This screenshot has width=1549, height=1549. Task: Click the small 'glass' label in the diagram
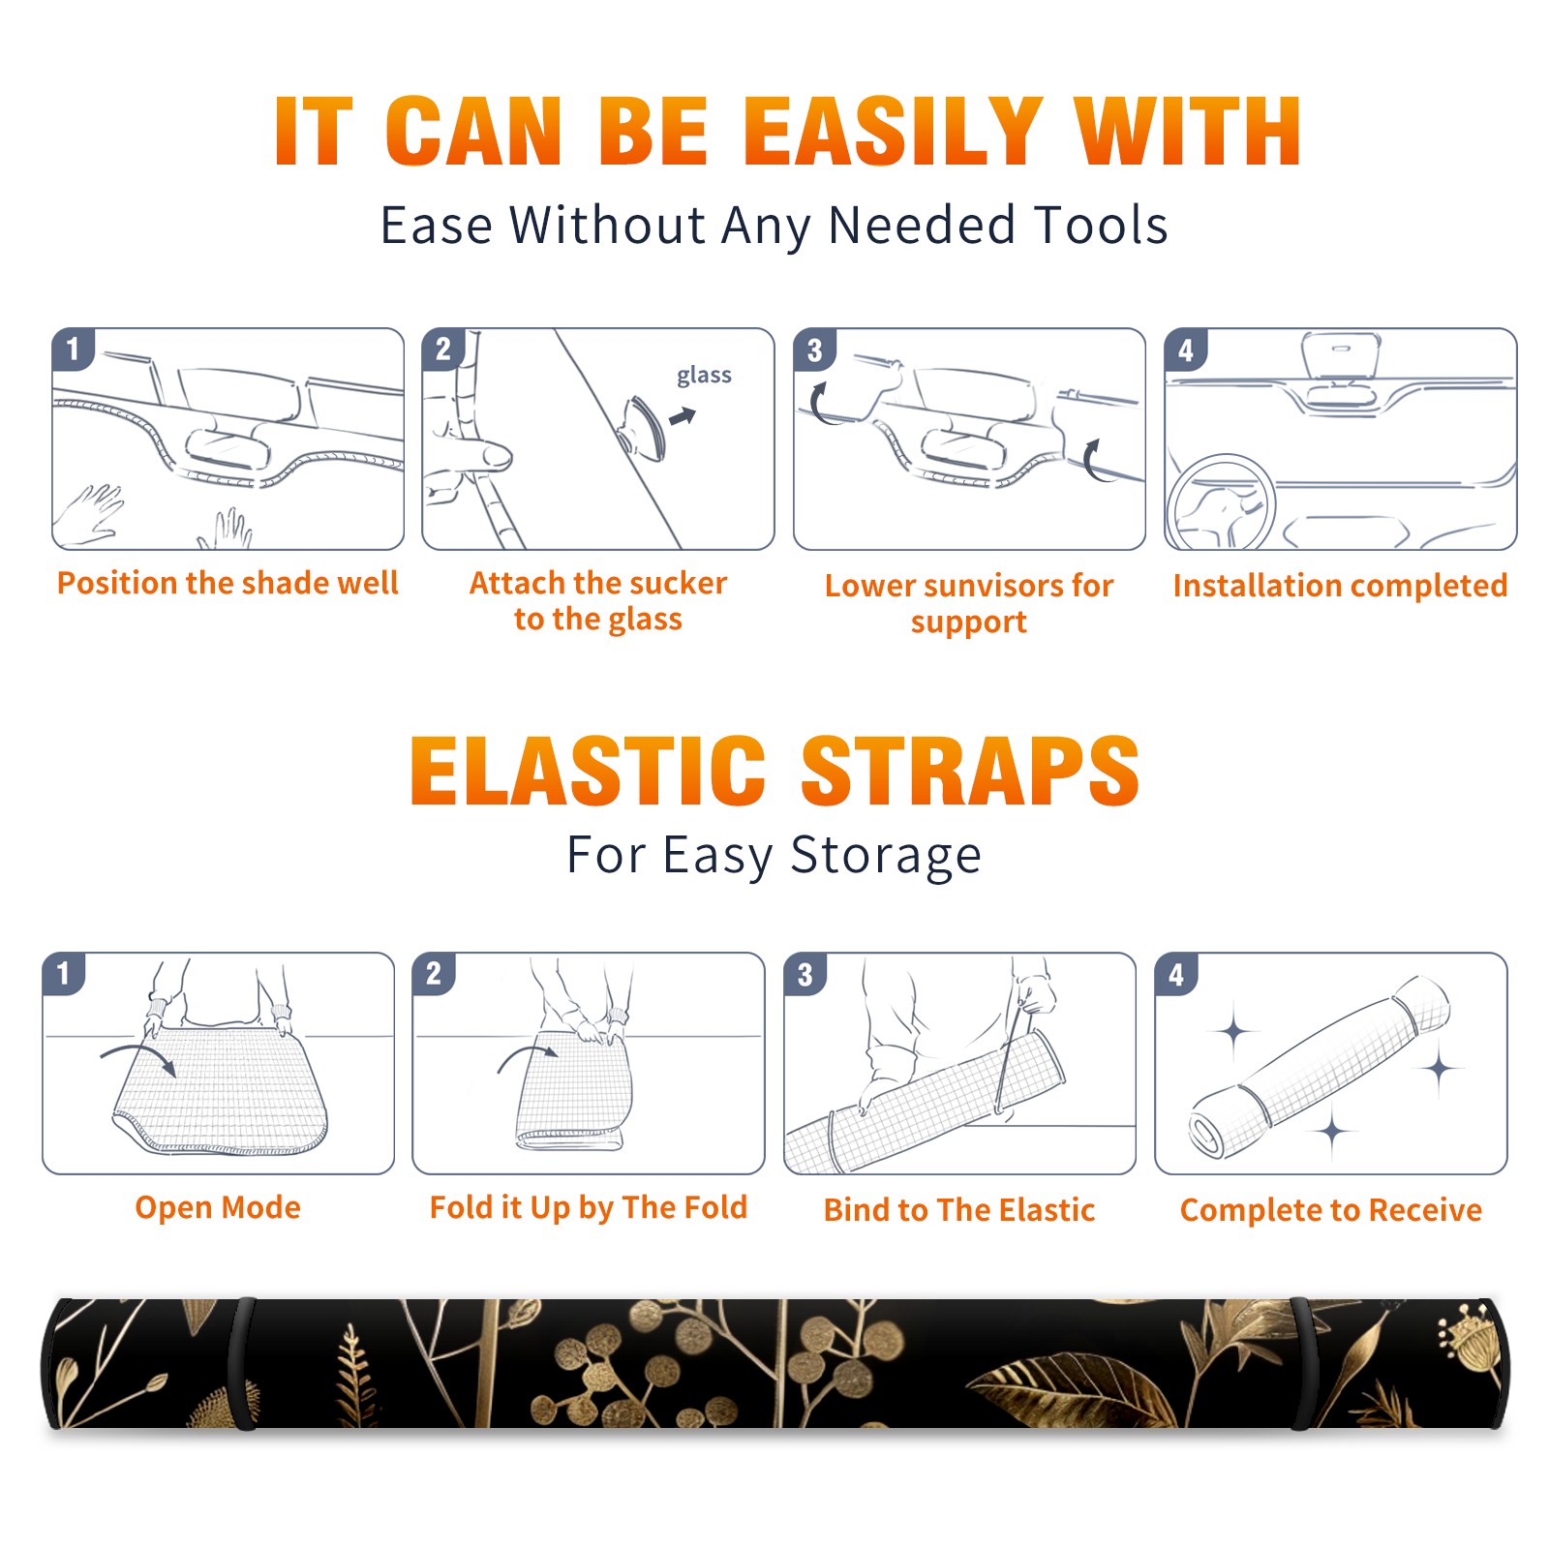point(704,376)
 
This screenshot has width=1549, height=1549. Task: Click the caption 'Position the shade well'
point(228,583)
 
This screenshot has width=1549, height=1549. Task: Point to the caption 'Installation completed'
point(1340,585)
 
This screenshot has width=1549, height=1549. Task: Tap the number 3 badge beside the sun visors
point(814,349)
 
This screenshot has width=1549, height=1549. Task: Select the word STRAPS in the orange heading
point(970,771)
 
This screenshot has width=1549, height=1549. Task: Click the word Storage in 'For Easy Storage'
point(886,856)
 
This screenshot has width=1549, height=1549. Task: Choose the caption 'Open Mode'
point(218,1207)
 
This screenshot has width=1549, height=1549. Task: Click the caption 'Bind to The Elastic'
point(959,1210)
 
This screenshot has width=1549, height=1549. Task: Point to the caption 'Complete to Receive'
point(1331,1210)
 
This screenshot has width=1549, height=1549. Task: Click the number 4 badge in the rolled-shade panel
point(1176,974)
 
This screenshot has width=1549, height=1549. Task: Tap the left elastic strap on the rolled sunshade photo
point(242,1363)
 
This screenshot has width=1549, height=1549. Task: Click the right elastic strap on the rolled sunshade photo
point(1302,1363)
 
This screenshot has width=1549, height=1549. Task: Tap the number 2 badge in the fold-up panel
point(433,974)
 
